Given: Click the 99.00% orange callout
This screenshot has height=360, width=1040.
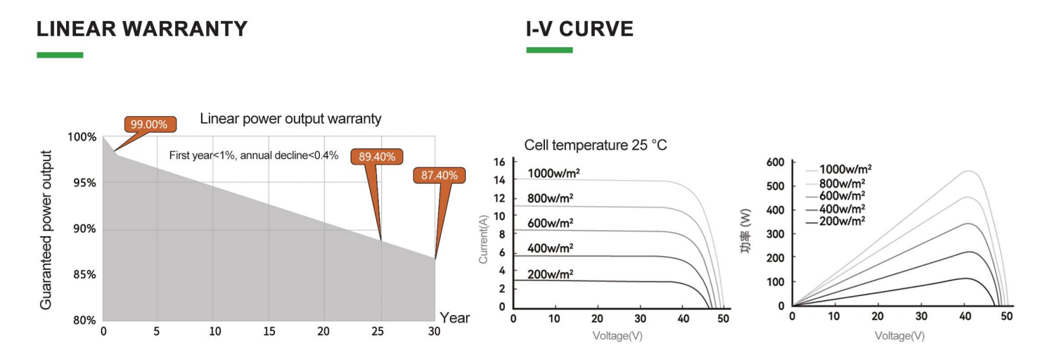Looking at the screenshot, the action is (150, 124).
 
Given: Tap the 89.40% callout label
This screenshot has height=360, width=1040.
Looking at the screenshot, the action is (376, 157).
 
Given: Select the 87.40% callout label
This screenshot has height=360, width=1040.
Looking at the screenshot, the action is (439, 175).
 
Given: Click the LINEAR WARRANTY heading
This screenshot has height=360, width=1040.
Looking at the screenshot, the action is (142, 29).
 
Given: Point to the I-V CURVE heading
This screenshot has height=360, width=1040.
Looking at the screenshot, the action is (579, 29).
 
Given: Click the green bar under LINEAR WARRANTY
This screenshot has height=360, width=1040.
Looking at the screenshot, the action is (60, 55).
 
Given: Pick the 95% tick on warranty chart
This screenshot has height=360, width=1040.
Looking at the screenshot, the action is (84, 183).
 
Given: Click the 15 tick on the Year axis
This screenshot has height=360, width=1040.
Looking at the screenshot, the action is (269, 331).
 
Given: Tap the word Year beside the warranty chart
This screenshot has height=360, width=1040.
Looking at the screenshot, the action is (454, 318).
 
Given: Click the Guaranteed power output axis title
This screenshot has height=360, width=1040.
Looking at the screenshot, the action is (46, 230).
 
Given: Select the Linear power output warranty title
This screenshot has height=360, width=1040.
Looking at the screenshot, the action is (290, 119).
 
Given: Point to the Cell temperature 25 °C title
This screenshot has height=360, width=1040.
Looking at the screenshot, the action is (596, 145).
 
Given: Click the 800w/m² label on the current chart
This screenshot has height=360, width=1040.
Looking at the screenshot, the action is (550, 198).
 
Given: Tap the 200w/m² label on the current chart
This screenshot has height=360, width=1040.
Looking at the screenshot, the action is (550, 274).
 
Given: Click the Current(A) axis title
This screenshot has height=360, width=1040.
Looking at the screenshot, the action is (483, 239).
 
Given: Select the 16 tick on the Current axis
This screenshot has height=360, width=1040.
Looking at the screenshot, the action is (499, 162).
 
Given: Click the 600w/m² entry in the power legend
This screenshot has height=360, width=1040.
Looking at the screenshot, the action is (842, 196).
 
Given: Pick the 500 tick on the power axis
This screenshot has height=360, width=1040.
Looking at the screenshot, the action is (776, 186).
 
